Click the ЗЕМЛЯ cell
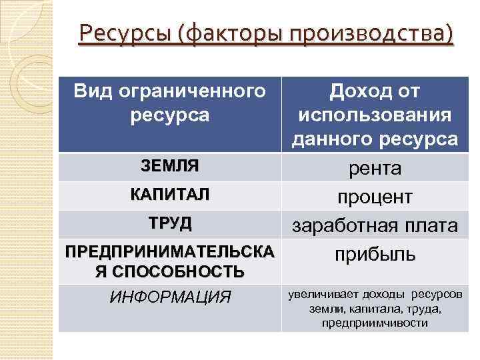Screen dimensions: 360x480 click(169, 165)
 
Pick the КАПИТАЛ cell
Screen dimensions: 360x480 click(169, 194)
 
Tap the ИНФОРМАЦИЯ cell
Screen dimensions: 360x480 click(169, 297)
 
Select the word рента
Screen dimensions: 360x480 click(376, 169)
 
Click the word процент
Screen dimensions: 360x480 click(375, 198)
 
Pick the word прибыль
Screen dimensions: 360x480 click(375, 254)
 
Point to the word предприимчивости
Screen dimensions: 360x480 click(375, 323)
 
